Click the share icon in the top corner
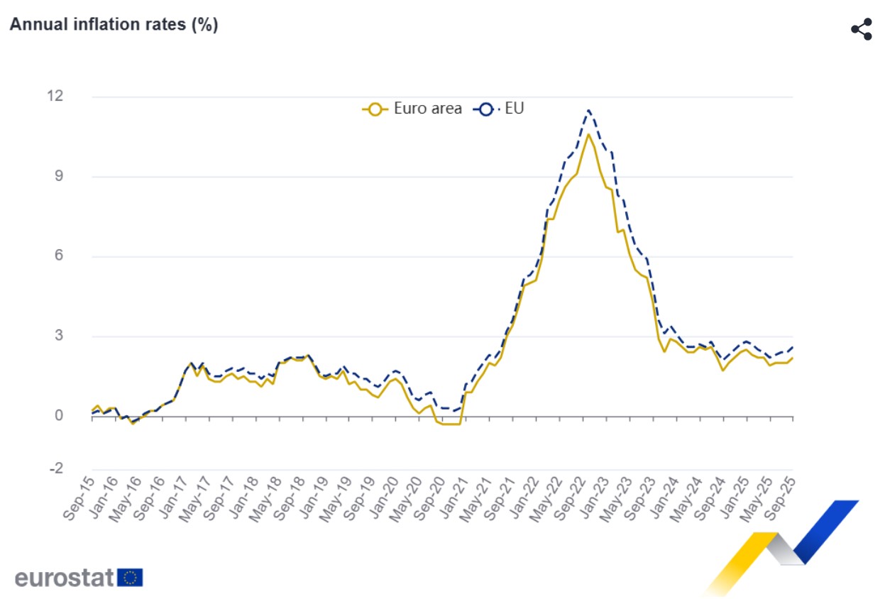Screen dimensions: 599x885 coord(861,29)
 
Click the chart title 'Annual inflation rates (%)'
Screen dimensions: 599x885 coord(114,24)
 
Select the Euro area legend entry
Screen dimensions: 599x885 coord(412,109)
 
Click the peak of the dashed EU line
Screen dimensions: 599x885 coord(588,110)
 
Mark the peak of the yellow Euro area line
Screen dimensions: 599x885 coord(588,134)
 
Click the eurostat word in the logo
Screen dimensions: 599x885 coord(64,578)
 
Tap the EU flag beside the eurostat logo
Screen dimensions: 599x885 coord(130,578)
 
